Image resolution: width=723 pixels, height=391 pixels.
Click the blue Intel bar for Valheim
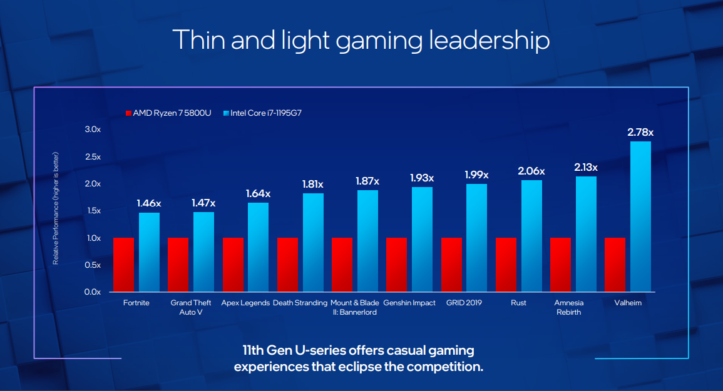(641, 216)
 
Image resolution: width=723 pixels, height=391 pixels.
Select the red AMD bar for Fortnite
(123, 265)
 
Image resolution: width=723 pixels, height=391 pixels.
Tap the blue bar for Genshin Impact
(422, 239)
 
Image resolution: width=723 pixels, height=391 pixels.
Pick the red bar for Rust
(506, 265)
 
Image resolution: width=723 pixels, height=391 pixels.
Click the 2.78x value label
(640, 133)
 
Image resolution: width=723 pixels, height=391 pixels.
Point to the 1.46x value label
(149, 203)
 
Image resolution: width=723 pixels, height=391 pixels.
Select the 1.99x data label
(477, 175)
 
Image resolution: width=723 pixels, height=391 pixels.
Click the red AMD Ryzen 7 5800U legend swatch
(128, 113)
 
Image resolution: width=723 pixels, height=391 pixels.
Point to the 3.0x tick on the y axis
(92, 129)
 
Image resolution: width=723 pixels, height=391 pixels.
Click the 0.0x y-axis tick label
(92, 292)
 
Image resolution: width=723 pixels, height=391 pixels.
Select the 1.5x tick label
(92, 211)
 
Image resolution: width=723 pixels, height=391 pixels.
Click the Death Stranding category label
(300, 303)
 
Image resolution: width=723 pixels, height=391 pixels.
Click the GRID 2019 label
(464, 303)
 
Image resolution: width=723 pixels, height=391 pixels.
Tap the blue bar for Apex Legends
(258, 247)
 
